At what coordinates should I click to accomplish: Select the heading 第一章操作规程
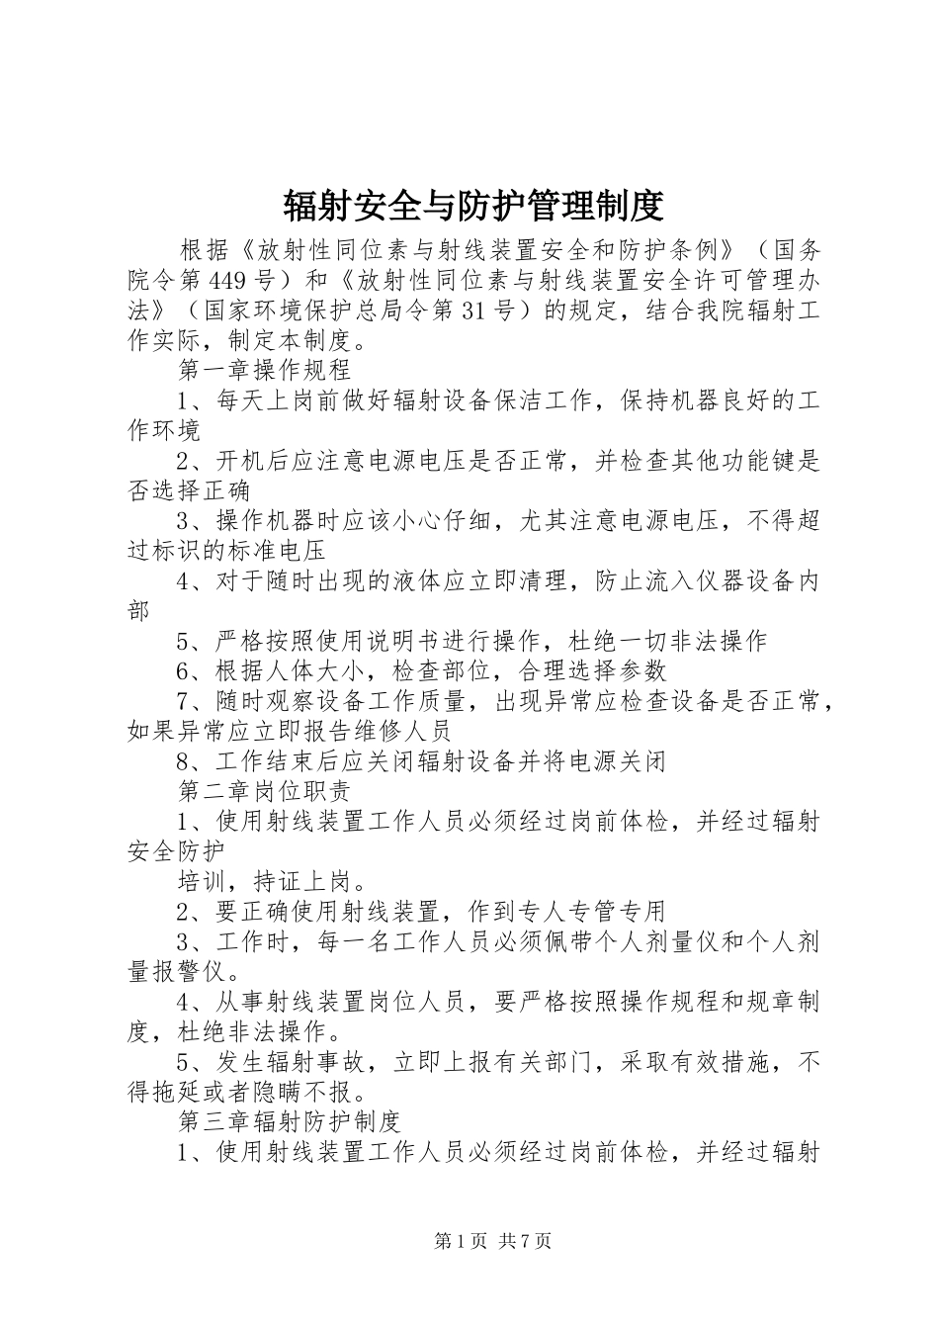click(264, 371)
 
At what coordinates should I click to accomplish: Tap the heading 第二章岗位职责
click(264, 791)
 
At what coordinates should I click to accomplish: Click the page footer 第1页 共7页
click(492, 1241)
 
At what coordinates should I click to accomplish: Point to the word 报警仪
click(189, 971)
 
